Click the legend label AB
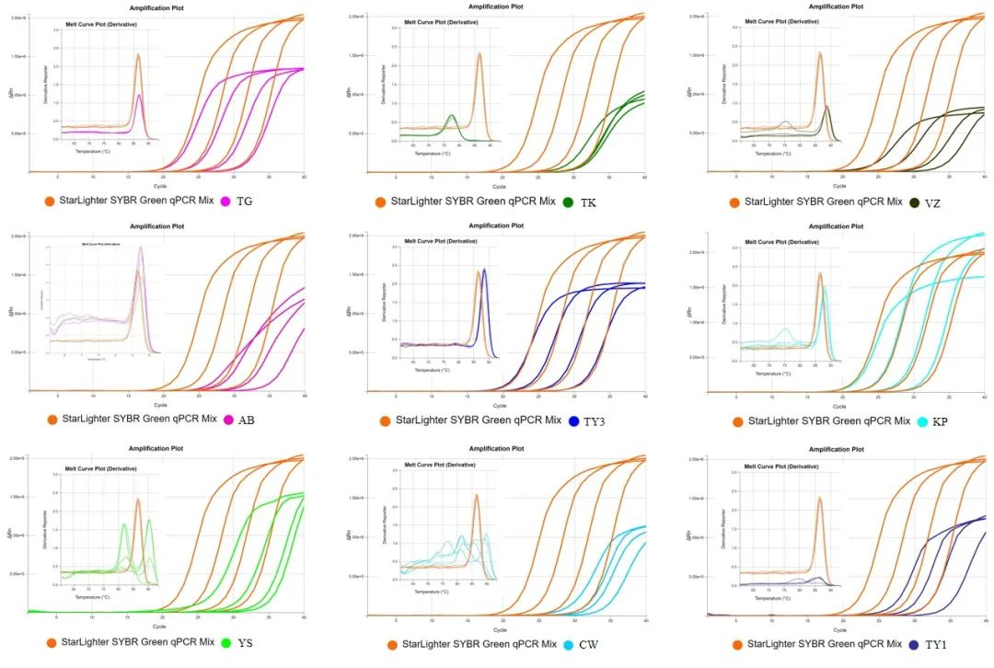[246, 420]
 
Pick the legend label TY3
[598, 420]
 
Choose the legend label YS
[246, 642]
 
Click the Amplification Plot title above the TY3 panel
[497, 225]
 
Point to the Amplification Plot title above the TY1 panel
[837, 448]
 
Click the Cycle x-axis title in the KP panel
[837, 405]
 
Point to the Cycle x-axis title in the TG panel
[160, 184]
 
